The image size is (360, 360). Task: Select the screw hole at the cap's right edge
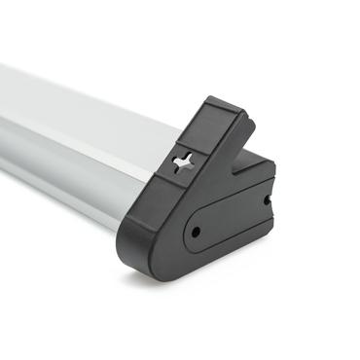(269, 199)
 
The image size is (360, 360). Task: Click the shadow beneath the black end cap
(195, 288)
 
